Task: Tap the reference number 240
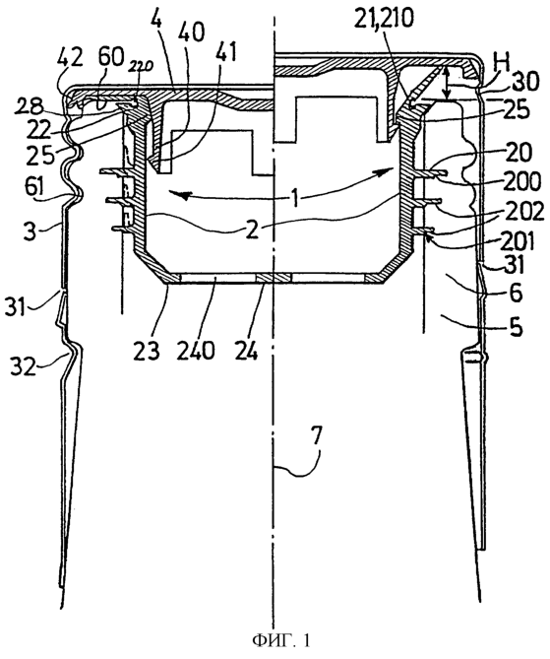pyautogui.click(x=195, y=350)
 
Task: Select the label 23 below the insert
pyautogui.click(x=146, y=350)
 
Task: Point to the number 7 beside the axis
pyautogui.click(x=316, y=437)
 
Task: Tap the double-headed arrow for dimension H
pyautogui.click(x=447, y=84)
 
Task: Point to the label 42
pyautogui.click(x=72, y=58)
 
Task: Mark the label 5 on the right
pyautogui.click(x=516, y=327)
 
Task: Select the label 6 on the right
pyautogui.click(x=516, y=292)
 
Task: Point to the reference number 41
pyautogui.click(x=226, y=53)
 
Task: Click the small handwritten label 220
pyautogui.click(x=144, y=66)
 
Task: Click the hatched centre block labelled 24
pyautogui.click(x=274, y=278)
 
